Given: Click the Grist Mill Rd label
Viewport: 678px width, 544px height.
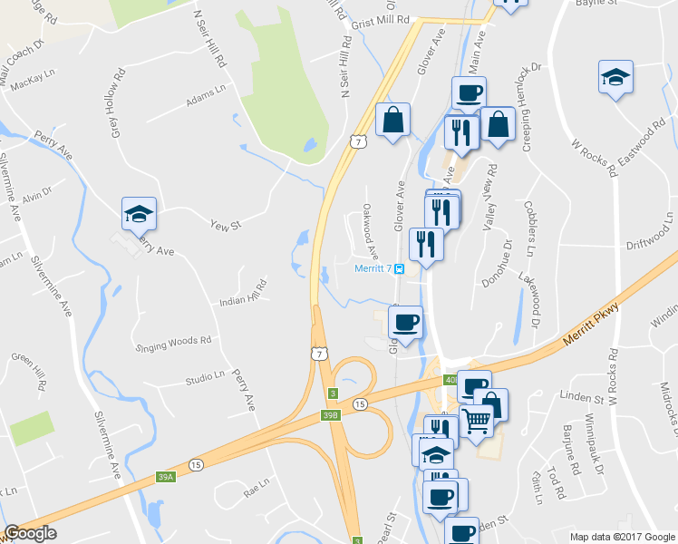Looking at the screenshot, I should (381, 19).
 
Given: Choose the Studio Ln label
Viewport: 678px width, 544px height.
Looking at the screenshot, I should (204, 377).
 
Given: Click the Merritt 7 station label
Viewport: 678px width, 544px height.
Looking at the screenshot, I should (373, 267).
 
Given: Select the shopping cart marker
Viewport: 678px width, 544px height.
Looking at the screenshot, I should (477, 420).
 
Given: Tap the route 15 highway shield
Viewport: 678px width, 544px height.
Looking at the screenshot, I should (361, 403).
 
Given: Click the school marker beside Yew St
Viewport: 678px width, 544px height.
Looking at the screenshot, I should (139, 214).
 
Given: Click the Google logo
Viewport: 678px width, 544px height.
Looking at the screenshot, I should (30, 534).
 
